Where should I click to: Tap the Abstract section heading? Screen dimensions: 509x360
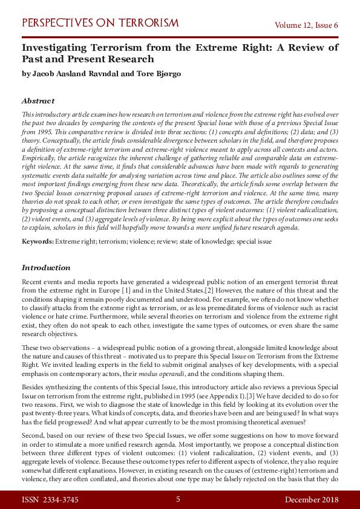point(38,101)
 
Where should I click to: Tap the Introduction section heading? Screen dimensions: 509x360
point(46,267)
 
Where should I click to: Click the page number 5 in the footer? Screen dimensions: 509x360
point(178,499)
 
